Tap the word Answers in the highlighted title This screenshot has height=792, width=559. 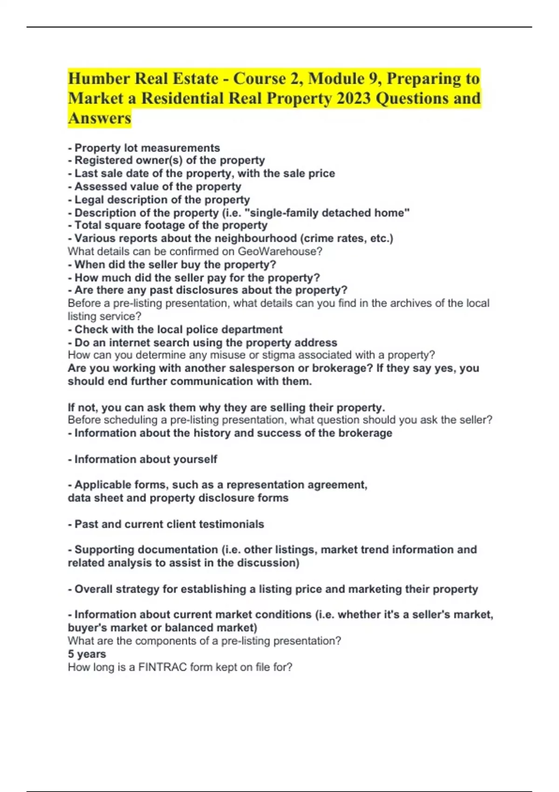coord(100,118)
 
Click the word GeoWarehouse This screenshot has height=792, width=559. coord(279,252)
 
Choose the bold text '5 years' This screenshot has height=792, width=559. coord(87,654)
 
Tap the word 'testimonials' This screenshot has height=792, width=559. coord(231,524)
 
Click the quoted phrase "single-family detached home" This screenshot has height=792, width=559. coord(330,213)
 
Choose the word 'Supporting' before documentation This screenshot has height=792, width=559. coord(104,550)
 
